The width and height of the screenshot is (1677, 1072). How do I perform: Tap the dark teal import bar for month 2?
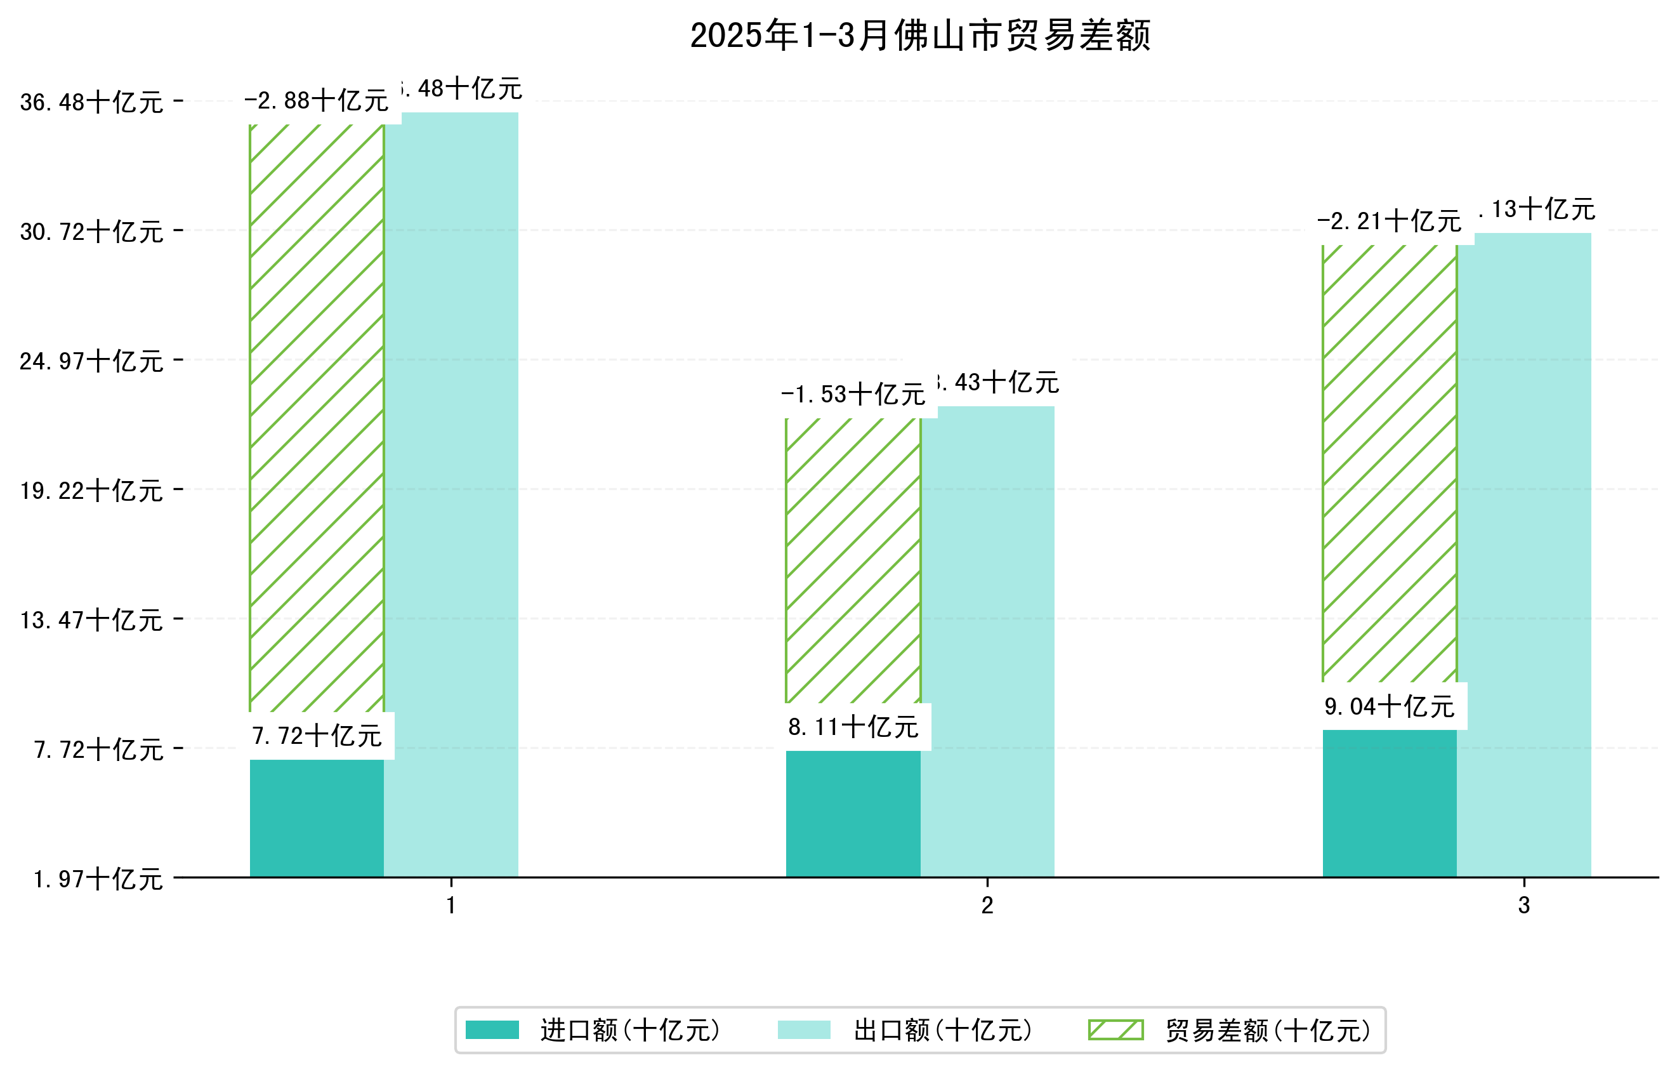click(x=853, y=814)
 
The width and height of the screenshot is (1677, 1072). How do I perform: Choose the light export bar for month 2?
click(x=987, y=641)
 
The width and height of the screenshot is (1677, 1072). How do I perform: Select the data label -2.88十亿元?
click(x=316, y=101)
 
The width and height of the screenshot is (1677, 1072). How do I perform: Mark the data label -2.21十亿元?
click(x=1390, y=222)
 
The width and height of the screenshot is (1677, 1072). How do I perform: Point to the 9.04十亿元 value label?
click(x=1390, y=706)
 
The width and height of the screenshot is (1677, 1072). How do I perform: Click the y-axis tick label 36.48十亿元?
click(x=91, y=102)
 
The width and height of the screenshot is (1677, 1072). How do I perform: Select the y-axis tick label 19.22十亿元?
click(x=91, y=491)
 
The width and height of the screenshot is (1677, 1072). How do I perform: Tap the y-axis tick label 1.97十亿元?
click(x=98, y=879)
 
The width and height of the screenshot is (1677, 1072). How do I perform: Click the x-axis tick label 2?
click(x=987, y=906)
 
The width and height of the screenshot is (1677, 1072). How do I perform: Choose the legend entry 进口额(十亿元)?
click(x=629, y=1030)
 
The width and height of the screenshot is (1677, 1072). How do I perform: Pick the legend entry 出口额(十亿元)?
click(x=942, y=1030)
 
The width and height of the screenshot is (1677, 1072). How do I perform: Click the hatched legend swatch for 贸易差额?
click(x=1115, y=1030)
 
